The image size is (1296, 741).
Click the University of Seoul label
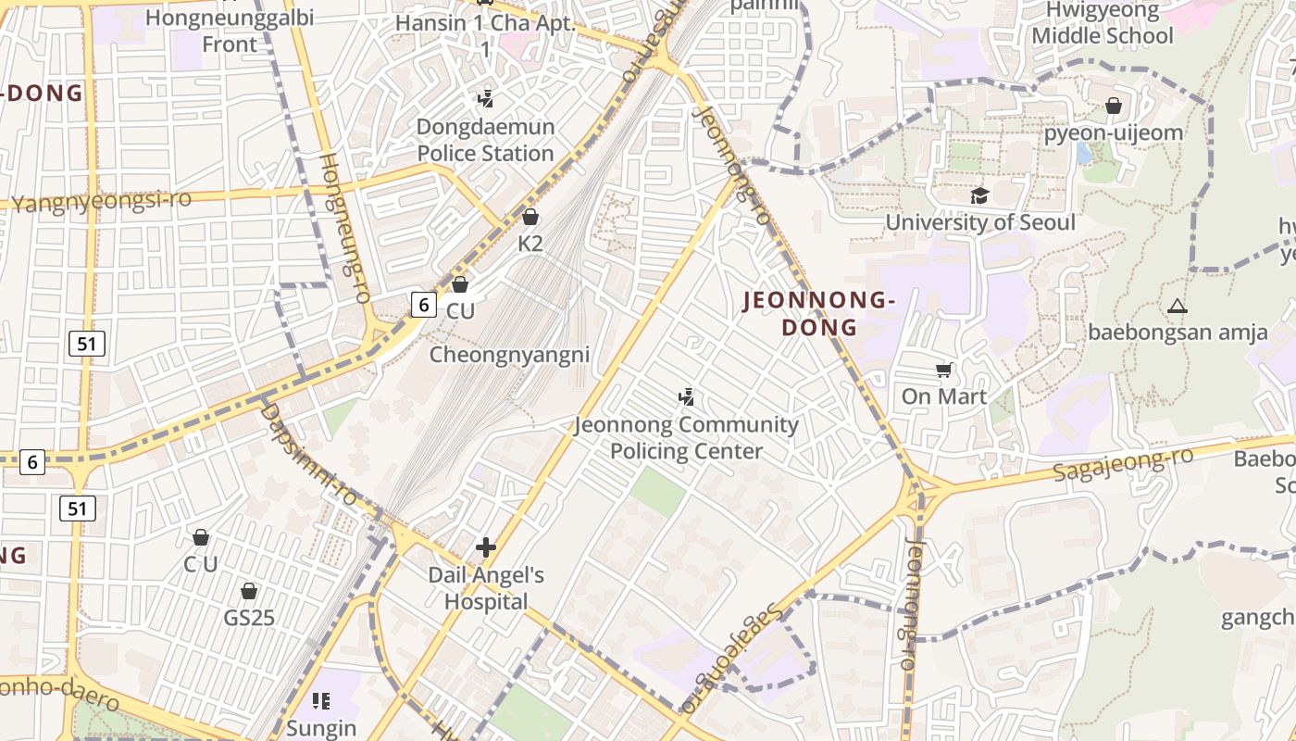point(980,222)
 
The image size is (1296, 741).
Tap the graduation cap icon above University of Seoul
point(979,195)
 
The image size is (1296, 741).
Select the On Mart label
point(944,396)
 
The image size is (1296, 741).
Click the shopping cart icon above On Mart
point(944,370)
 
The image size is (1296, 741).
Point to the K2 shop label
point(530,244)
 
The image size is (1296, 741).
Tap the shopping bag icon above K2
point(530,218)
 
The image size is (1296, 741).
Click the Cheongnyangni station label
point(509,355)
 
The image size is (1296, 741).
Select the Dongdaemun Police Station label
point(485,140)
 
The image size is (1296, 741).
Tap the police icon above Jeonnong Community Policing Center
point(686,397)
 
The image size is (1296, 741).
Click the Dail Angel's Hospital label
point(485,588)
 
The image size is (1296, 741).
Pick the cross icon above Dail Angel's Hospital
point(486,547)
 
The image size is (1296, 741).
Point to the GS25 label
point(249,617)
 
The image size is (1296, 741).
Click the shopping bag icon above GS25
point(249,591)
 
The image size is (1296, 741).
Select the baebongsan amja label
point(1178,332)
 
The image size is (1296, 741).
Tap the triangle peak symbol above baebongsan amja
point(1178,306)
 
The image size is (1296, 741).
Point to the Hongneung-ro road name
point(344,227)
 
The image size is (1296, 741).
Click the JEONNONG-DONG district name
point(819,313)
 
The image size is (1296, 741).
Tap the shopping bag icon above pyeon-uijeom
point(1114,107)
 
